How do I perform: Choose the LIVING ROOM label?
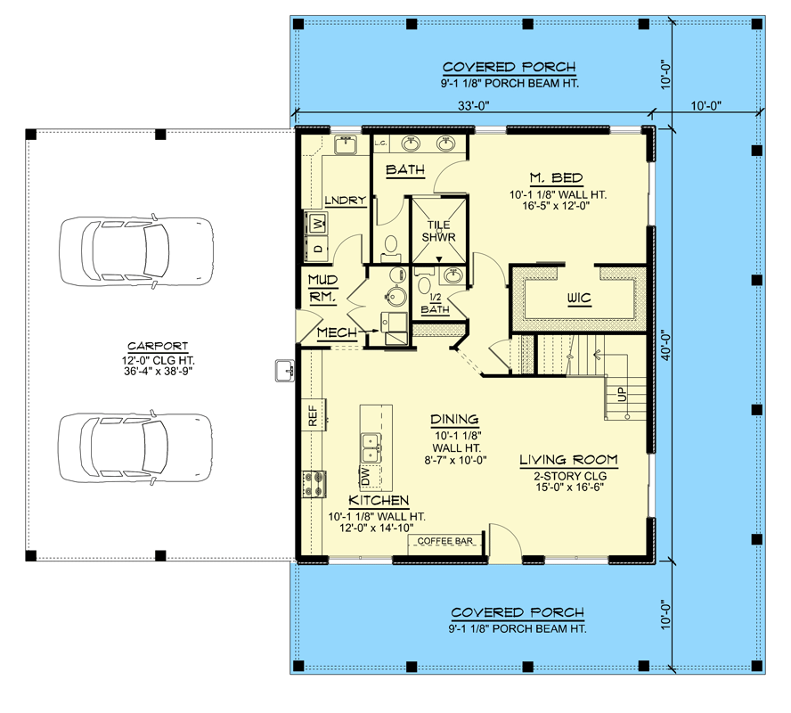pos(568,460)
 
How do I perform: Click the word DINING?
pos(454,420)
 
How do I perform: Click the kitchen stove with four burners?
pos(314,483)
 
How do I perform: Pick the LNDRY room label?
pos(345,201)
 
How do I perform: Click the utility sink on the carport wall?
pos(284,369)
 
